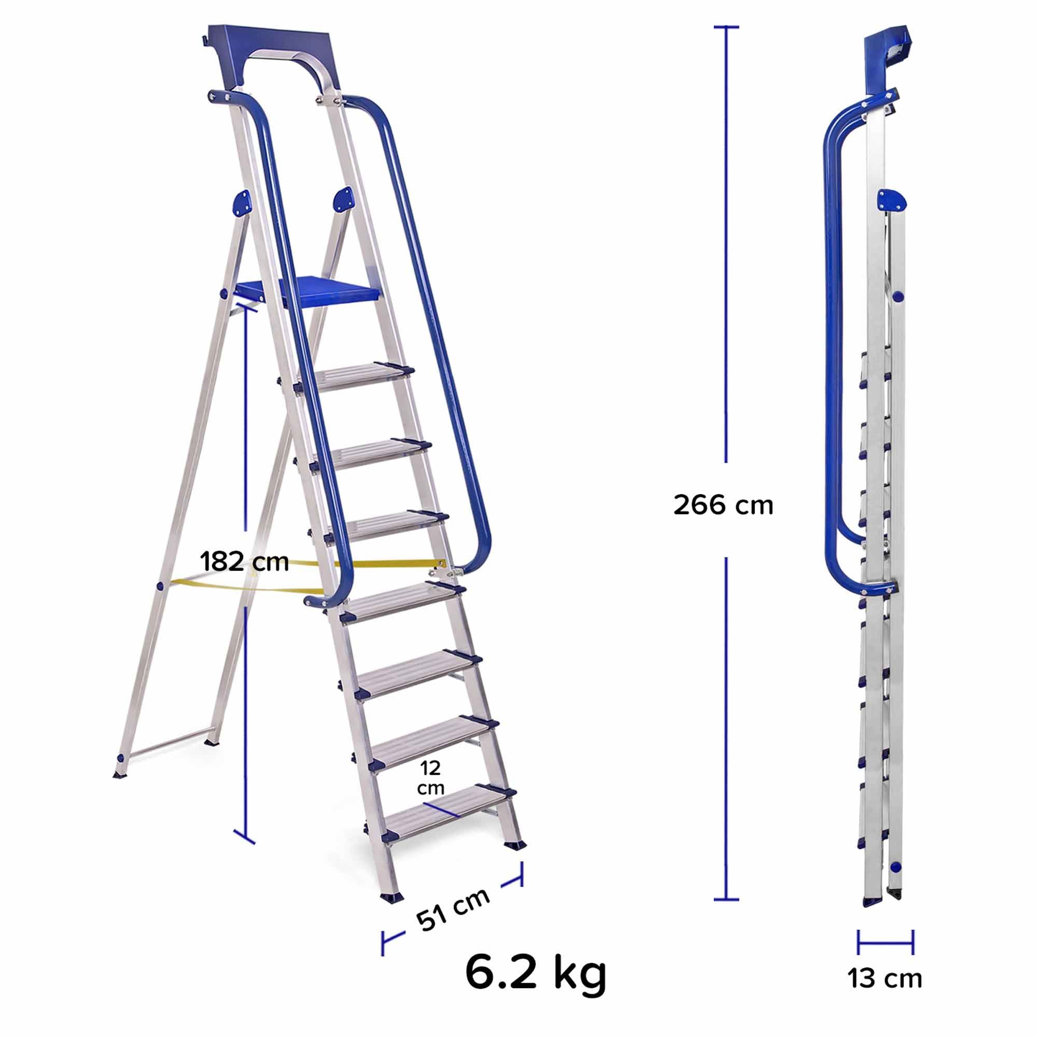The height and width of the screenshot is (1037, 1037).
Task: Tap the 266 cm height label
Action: [722, 506]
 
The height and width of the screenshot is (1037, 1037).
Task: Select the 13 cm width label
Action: [885, 993]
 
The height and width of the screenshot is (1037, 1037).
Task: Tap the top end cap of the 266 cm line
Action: [726, 27]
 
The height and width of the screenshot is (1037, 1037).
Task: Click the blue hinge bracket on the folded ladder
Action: [890, 200]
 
